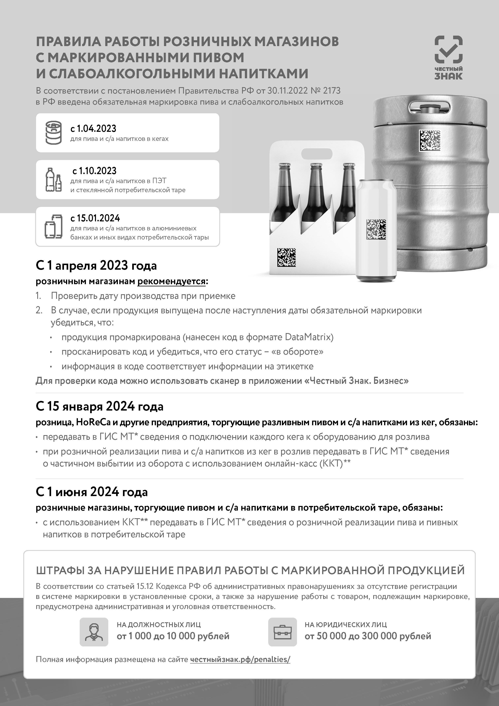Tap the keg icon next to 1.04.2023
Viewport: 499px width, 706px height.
pos(54,133)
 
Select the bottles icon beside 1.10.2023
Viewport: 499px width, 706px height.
pos(54,180)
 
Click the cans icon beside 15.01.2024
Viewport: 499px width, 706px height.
pos(54,226)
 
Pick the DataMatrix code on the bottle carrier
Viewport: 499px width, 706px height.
pos(286,257)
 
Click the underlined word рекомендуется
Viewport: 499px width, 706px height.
pos(171,281)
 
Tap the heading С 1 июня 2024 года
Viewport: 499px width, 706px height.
pos(92,492)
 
